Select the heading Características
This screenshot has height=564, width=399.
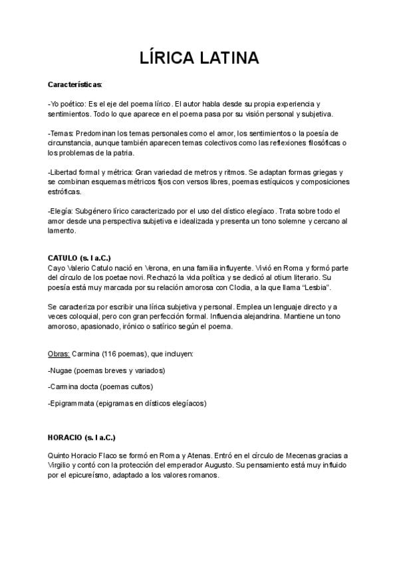click(75, 85)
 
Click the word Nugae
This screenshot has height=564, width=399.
click(63, 370)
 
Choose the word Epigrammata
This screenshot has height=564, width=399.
click(72, 403)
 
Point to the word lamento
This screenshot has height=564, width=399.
click(63, 231)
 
